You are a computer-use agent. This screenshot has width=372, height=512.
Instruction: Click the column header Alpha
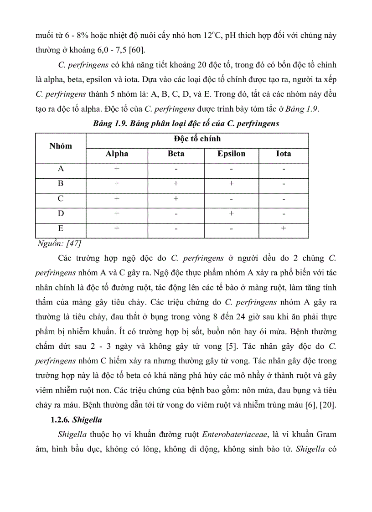pos(117,154)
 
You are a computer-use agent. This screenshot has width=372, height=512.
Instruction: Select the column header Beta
pos(176,154)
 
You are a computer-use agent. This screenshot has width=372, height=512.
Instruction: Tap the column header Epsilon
pos(231,154)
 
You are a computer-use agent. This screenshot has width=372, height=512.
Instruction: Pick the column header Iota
pos(284,154)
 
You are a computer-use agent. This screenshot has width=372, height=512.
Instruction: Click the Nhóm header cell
pos(61,146)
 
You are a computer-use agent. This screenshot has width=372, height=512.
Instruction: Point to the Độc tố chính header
pos(197,139)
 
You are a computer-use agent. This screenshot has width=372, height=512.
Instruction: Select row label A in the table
pos(61,169)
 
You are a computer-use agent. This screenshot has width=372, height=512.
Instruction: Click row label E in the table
pos(61,228)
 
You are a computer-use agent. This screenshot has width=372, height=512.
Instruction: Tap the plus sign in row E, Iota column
pos(284,228)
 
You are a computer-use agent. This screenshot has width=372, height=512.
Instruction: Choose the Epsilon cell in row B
pos(231,184)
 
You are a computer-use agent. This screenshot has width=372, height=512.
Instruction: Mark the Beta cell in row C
pos(176,199)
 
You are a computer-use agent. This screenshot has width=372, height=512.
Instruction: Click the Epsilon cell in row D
pos(231,213)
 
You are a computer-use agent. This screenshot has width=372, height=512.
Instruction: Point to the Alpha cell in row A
pos(117,169)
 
